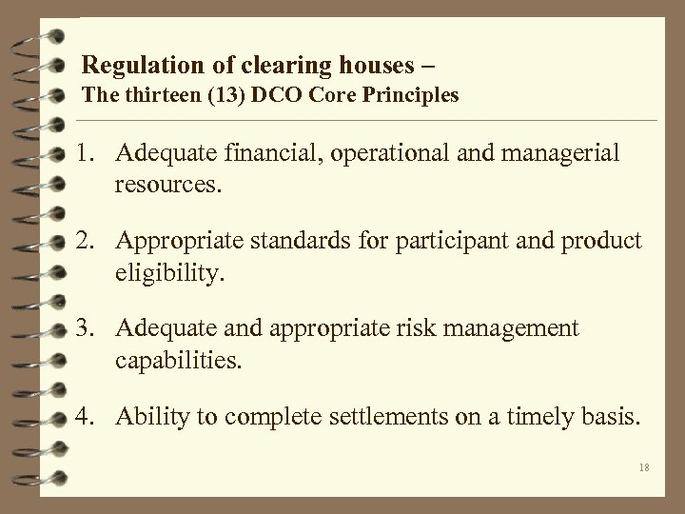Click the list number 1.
(87, 153)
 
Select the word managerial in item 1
(560, 153)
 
